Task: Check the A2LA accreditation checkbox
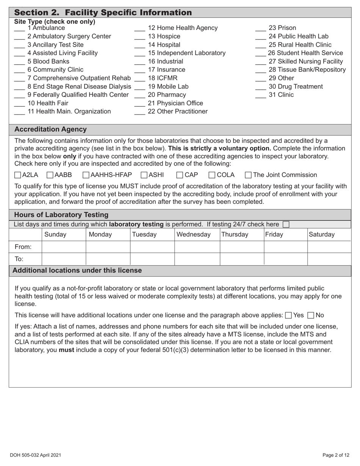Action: coord(17,175)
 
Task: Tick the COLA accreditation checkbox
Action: coord(212,175)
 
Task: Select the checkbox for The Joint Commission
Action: coord(248,175)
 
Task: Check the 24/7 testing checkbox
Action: coord(286,225)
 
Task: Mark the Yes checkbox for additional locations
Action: coord(288,315)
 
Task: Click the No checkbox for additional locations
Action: coord(311,315)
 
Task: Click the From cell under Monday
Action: coord(108,247)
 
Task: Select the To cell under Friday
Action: coord(285,259)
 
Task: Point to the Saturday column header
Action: coord(322,235)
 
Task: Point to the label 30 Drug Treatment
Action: coord(296,86)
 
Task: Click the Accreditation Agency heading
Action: coord(50,130)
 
